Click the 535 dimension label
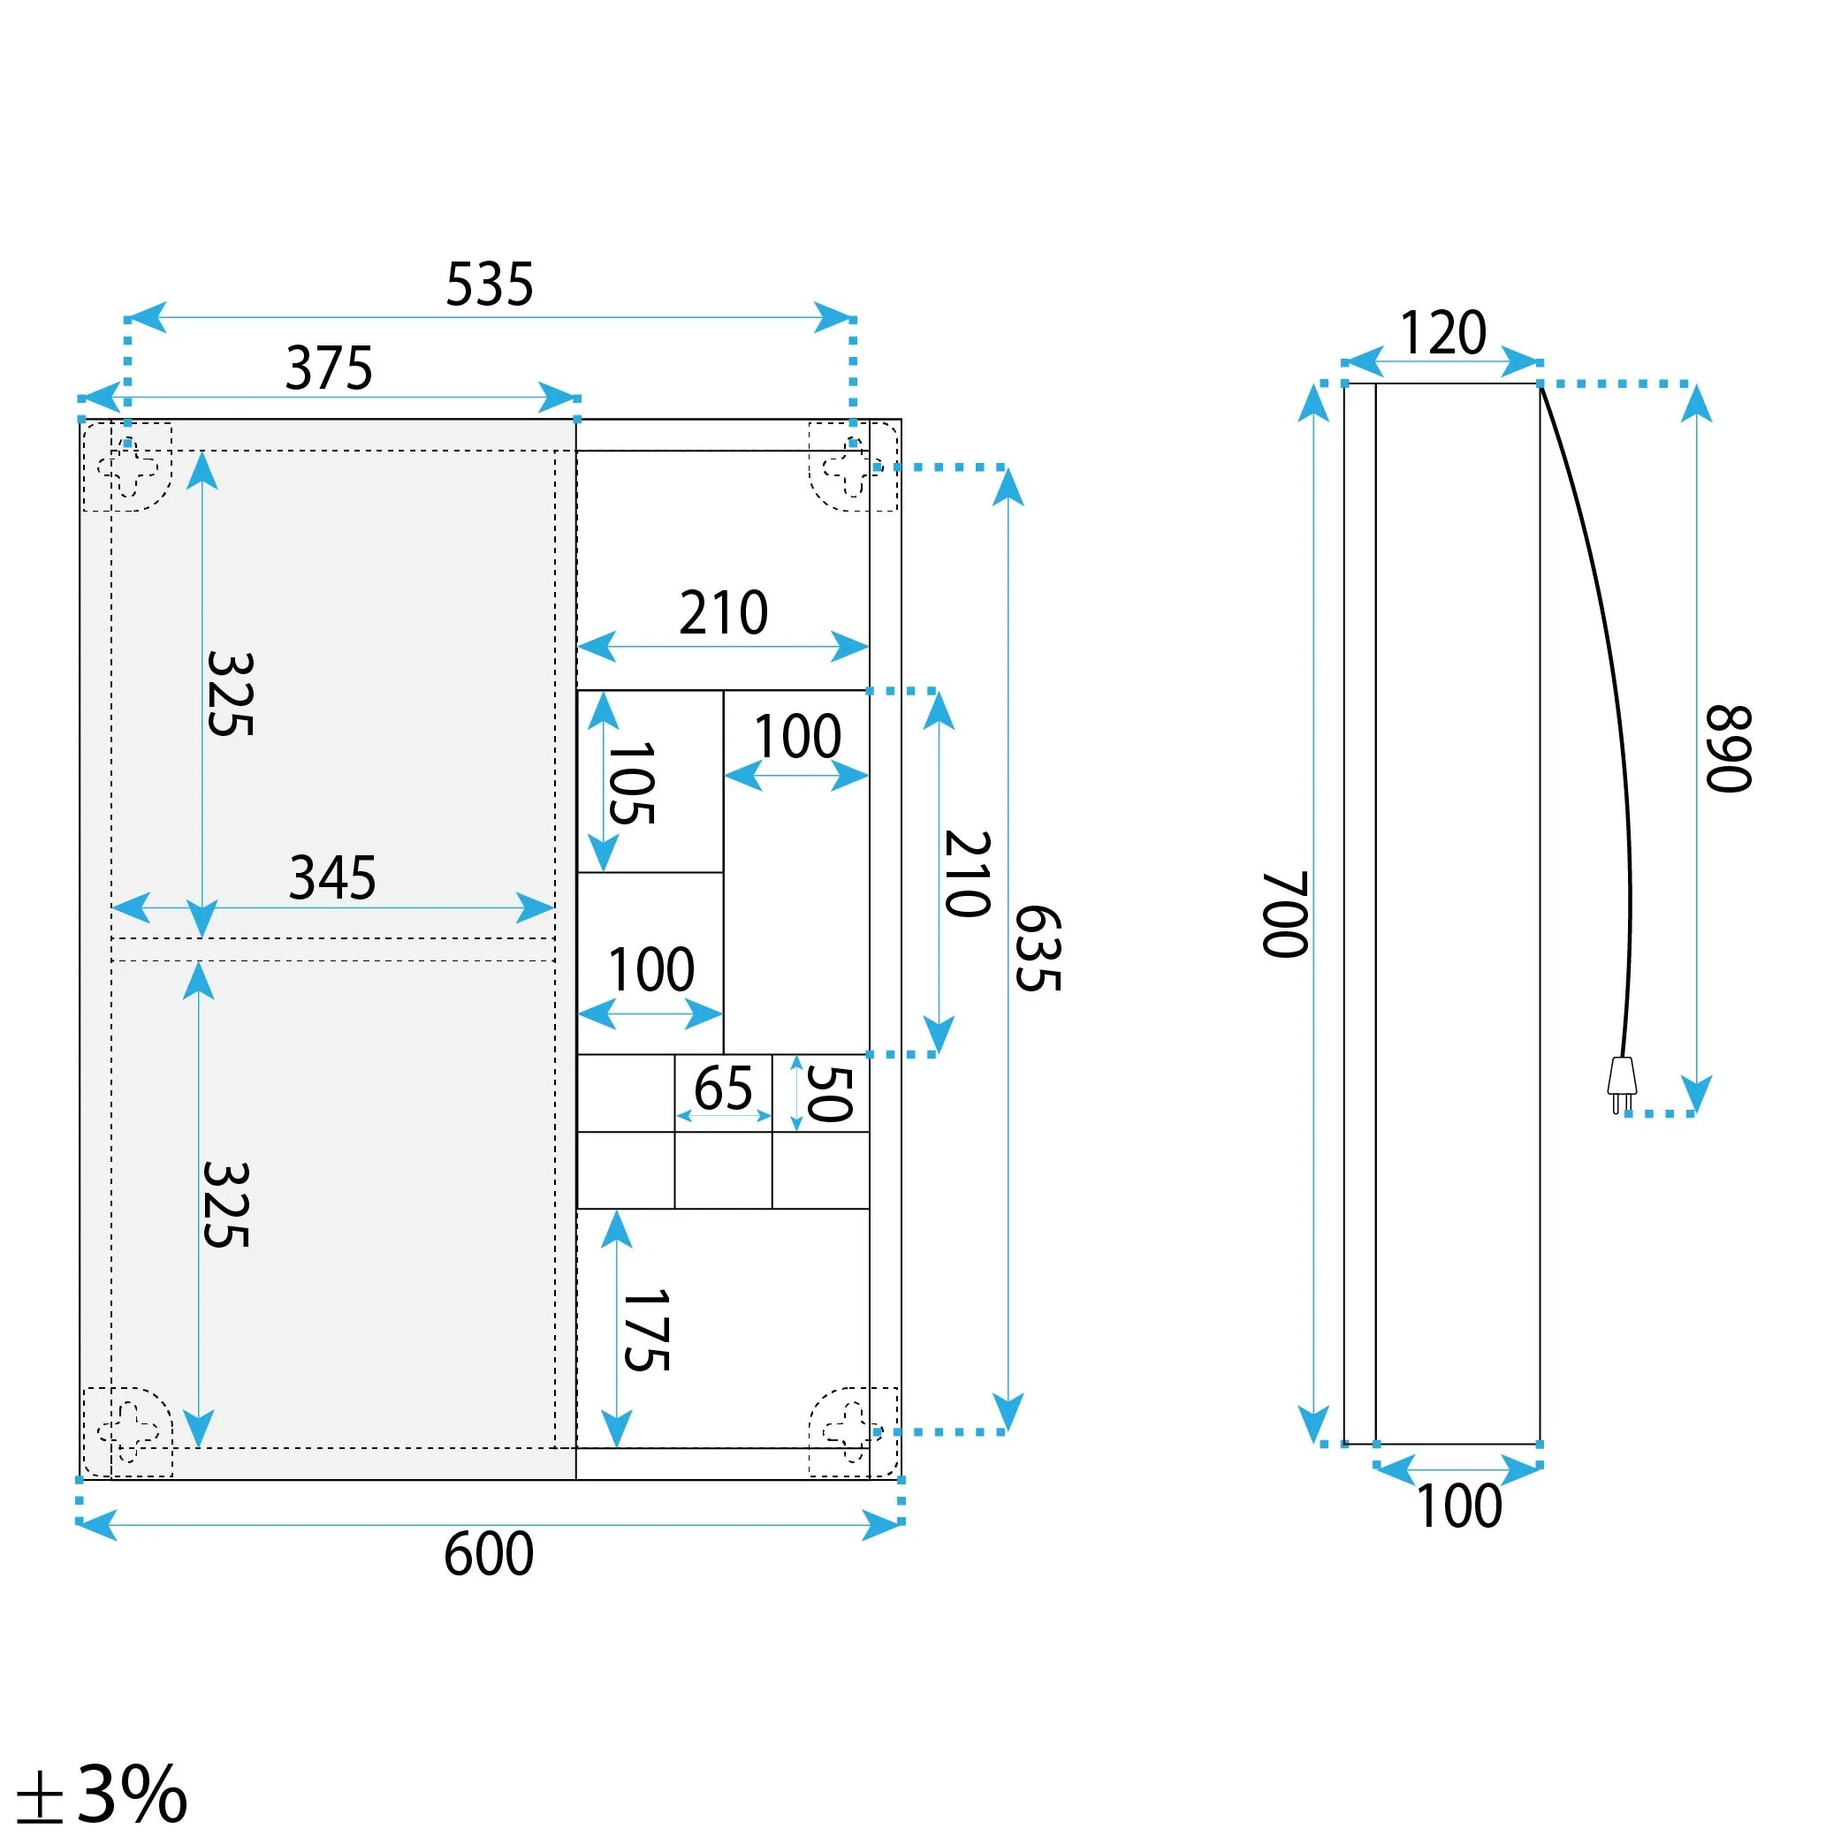[x=489, y=285]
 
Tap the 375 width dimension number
[x=329, y=368]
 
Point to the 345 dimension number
[x=332, y=877]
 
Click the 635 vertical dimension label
[x=1037, y=949]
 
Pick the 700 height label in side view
[x=1284, y=914]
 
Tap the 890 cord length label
[x=1729, y=749]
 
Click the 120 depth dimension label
[x=1442, y=333]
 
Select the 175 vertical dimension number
[x=646, y=1331]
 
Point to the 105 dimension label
[x=631, y=784]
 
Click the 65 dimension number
[x=723, y=1088]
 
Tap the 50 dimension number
[x=829, y=1093]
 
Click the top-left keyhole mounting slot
[x=128, y=467]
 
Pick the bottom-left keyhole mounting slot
[x=128, y=1431]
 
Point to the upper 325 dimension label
[x=230, y=694]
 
